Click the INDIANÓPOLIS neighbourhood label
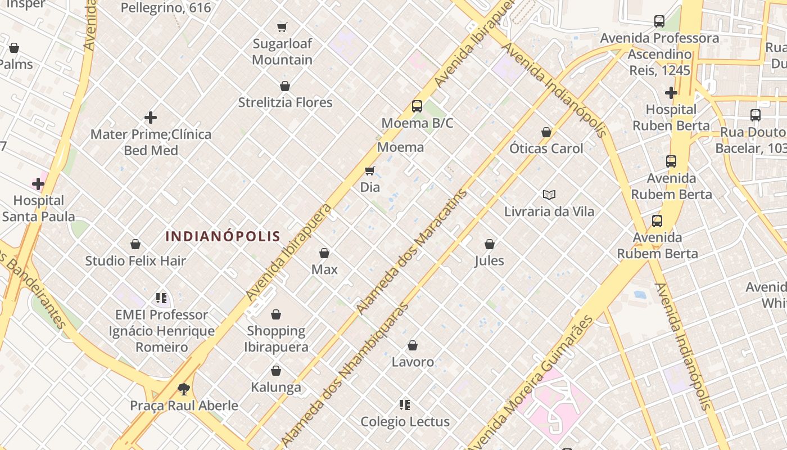(x=223, y=236)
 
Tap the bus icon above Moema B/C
(x=417, y=106)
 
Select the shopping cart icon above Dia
(x=370, y=170)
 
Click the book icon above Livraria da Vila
(x=549, y=195)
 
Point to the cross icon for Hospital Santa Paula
(x=38, y=183)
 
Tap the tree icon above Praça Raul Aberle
(x=183, y=389)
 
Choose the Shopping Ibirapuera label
(x=276, y=339)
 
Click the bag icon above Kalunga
(x=276, y=371)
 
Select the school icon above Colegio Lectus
(x=405, y=405)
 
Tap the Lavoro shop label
(x=413, y=362)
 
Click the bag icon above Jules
(x=490, y=244)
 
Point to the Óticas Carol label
(x=546, y=148)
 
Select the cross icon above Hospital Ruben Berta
(x=671, y=92)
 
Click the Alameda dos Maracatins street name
(x=412, y=252)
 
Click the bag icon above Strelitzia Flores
(x=285, y=86)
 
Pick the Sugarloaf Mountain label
(x=282, y=51)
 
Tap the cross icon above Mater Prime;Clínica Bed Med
(x=151, y=118)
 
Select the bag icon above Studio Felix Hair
(x=135, y=244)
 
